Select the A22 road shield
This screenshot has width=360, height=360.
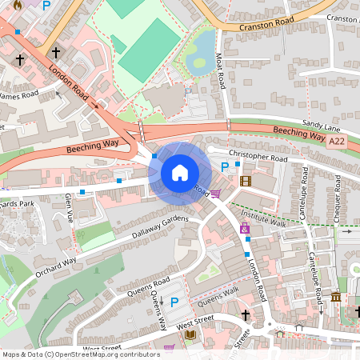[338, 140]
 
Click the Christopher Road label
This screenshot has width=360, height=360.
[258, 157]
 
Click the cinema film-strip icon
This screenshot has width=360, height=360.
[245, 181]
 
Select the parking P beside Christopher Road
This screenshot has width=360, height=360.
[225, 167]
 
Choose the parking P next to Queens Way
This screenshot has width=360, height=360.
[174, 302]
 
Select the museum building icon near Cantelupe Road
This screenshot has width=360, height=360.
[335, 298]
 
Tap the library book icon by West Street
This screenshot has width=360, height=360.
[190, 334]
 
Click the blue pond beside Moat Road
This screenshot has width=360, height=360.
[200, 50]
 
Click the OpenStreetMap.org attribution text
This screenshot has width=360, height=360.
[108, 354]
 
